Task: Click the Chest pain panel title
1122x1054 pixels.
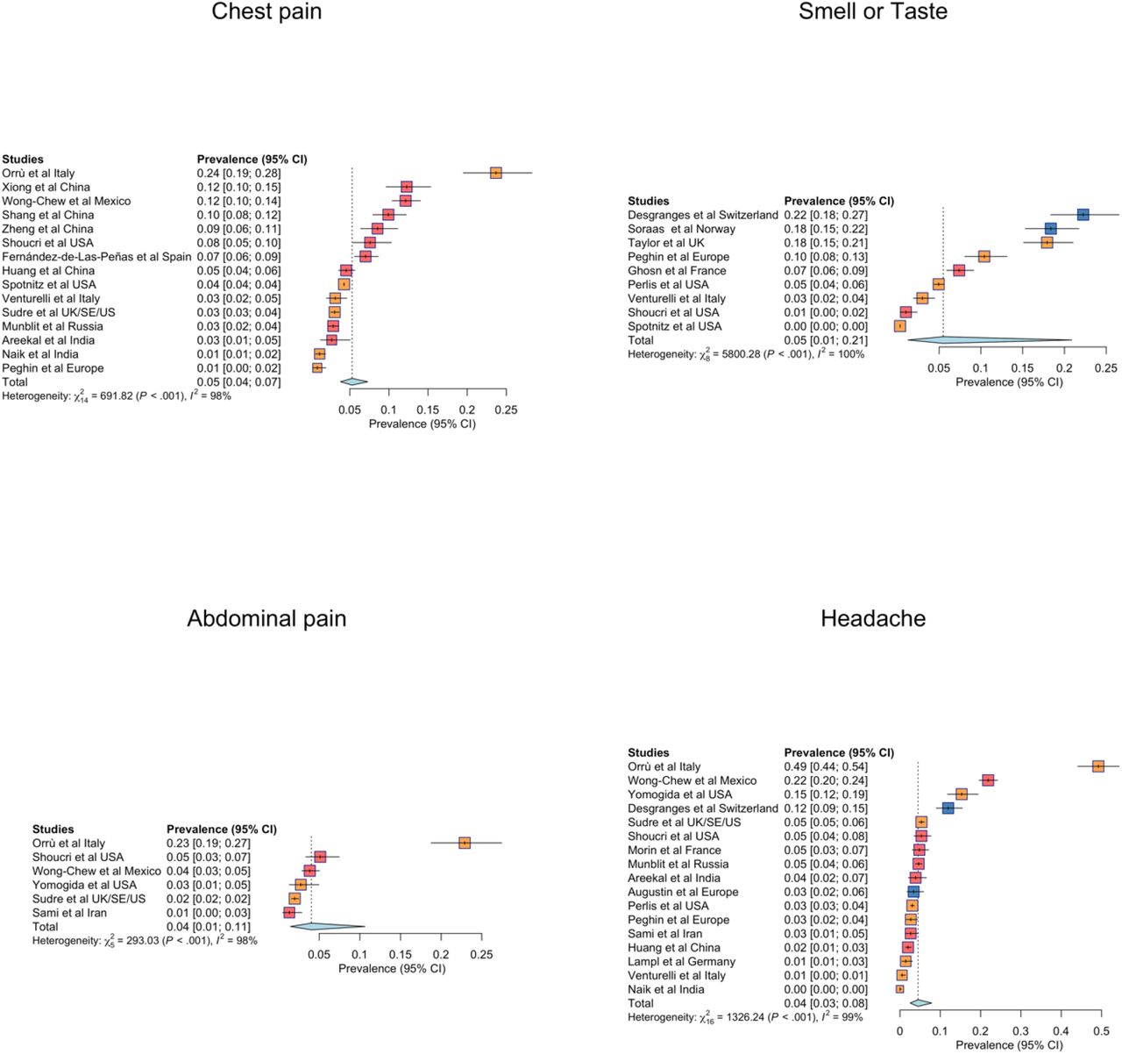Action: (x=266, y=11)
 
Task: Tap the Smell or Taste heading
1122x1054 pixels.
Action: (x=873, y=11)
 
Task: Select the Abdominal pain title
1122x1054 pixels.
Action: (x=266, y=618)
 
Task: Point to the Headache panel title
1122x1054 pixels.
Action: (x=873, y=618)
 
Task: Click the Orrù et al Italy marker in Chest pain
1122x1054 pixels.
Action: (x=495, y=173)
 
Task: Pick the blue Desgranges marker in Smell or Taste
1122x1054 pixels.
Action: (x=1083, y=215)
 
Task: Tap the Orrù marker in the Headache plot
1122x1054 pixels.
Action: (x=1097, y=766)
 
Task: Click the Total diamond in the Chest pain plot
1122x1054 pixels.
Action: (x=353, y=382)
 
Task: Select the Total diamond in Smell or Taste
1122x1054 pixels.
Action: (x=990, y=340)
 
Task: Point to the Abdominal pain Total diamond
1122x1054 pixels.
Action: (x=328, y=926)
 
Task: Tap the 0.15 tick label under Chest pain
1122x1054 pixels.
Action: (x=428, y=410)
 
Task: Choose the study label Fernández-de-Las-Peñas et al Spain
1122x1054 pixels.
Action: (x=96, y=257)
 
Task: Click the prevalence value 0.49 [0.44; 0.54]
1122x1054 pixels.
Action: (x=826, y=767)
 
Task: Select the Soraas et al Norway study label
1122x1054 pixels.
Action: (x=681, y=229)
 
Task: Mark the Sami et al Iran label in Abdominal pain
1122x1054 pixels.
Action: (x=69, y=913)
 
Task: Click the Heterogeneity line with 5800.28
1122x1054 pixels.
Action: (x=746, y=354)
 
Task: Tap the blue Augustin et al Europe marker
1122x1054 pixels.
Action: (x=913, y=892)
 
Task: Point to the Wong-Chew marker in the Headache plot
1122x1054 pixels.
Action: (x=988, y=780)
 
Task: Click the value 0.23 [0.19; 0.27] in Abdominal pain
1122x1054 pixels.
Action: (x=208, y=844)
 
